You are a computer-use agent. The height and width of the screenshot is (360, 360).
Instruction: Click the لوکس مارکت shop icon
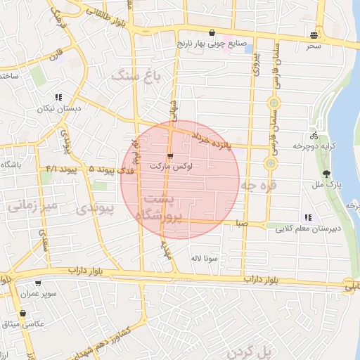click(x=170, y=156)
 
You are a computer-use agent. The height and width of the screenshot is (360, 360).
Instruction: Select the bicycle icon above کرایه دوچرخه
click(x=314, y=136)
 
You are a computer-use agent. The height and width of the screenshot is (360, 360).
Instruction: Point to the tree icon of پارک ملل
click(x=325, y=174)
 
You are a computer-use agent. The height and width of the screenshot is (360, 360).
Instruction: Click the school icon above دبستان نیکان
click(x=58, y=98)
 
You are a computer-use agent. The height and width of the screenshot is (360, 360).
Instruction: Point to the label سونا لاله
click(x=204, y=258)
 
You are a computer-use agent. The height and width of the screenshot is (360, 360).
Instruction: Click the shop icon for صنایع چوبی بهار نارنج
click(x=212, y=32)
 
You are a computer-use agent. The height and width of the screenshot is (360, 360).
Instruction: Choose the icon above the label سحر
click(x=313, y=34)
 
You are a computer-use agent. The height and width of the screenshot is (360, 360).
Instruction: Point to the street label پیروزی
click(x=257, y=63)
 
